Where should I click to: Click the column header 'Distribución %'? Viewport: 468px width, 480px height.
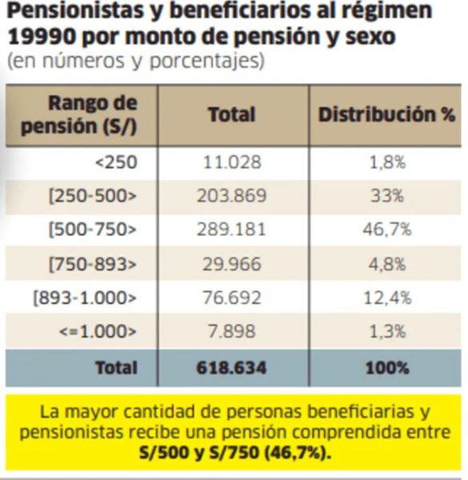click(x=386, y=114)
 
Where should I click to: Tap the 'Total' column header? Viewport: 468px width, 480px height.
click(x=231, y=114)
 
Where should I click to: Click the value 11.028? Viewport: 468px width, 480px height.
click(x=231, y=162)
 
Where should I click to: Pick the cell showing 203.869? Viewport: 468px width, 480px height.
click(x=231, y=197)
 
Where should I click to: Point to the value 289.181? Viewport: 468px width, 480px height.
click(x=231, y=230)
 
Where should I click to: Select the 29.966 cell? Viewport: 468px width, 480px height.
click(x=231, y=265)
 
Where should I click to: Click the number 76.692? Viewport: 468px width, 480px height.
click(x=231, y=298)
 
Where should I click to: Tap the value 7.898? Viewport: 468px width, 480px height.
click(x=231, y=333)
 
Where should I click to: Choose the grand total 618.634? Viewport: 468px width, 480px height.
click(x=231, y=368)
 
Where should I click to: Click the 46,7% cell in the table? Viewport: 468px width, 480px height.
click(x=386, y=230)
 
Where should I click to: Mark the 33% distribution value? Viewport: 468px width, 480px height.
click(x=386, y=197)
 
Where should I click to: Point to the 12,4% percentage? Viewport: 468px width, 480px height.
click(x=386, y=298)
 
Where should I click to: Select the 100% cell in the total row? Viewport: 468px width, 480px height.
click(x=386, y=368)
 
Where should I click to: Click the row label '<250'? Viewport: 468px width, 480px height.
click(x=116, y=162)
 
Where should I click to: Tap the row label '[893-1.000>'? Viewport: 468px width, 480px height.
click(x=86, y=298)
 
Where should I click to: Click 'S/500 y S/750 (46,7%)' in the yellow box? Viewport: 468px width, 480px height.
click(x=232, y=453)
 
